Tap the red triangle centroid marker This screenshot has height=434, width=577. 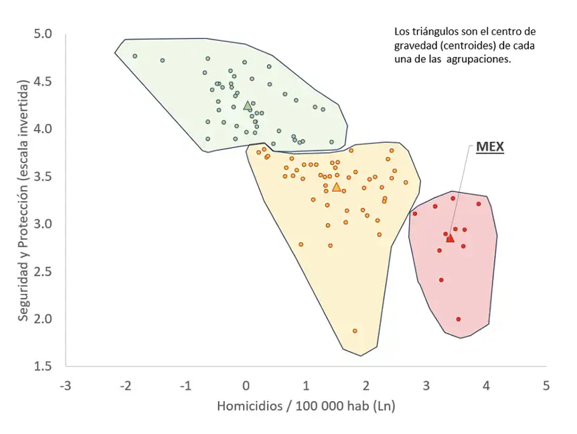coord(450,238)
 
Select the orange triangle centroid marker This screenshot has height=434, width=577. coord(336,187)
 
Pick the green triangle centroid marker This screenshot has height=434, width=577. coord(248,105)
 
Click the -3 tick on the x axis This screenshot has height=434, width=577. coord(65,386)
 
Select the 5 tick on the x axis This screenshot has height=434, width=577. coord(546,386)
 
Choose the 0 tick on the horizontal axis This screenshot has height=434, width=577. coord(246,386)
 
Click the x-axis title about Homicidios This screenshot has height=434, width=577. coord(307,407)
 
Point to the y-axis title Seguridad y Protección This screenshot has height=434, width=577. coord(23,200)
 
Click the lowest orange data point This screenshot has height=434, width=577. coord(355,331)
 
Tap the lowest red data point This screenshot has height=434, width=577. coord(458,319)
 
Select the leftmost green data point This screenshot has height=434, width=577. coord(135,56)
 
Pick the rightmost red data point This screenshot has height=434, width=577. coord(479,204)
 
